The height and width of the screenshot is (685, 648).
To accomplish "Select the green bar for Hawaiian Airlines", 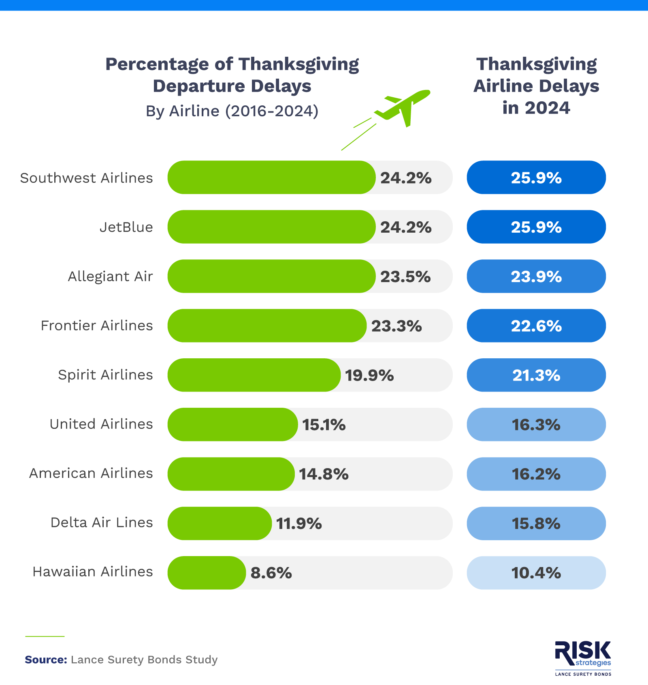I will [207, 573].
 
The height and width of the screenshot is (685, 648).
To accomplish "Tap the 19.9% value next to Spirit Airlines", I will [369, 375].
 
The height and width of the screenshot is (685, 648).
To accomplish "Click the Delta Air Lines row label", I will [102, 522].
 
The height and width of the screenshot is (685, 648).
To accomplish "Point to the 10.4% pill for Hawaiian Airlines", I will [536, 573].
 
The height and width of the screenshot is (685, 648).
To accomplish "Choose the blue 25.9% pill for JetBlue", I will [536, 227].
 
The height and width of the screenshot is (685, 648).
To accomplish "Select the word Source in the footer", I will [46, 659].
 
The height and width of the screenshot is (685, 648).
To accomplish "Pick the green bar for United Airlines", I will [232, 424].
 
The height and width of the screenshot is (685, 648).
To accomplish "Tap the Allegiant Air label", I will [110, 276].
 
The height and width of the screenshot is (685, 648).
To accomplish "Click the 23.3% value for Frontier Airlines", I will [396, 326].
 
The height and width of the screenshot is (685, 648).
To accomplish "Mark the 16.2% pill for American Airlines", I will [536, 474].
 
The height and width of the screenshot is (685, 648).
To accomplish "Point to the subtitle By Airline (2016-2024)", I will [232, 111].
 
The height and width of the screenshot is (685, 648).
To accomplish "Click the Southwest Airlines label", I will [86, 178].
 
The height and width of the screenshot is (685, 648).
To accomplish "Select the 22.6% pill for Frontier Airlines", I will [536, 326].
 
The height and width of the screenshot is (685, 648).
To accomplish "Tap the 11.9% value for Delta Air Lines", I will [299, 523].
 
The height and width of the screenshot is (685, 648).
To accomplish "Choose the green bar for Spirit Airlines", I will [254, 375].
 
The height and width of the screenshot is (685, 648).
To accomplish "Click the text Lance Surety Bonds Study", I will [144, 659].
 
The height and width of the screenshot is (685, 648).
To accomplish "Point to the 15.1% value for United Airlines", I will [324, 425].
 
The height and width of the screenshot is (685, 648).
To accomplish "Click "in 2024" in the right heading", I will [536, 108].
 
